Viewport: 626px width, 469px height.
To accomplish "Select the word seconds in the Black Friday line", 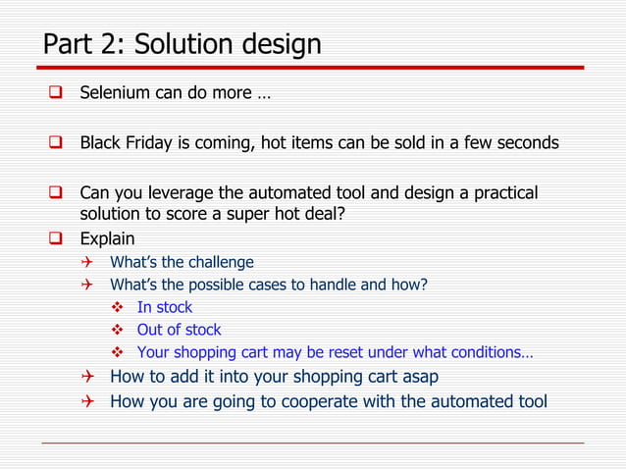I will tap(526, 142).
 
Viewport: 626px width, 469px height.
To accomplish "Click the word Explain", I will tap(107, 238).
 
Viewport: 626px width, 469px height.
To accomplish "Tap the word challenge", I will tap(217, 262).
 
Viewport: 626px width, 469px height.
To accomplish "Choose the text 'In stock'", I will tap(165, 307).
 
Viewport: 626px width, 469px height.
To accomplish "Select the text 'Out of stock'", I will tap(179, 330).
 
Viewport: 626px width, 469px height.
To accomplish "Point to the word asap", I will tap(419, 376).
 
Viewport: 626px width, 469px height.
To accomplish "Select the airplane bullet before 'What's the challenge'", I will tap(87, 262).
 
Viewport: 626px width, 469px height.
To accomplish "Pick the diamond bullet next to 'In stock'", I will tap(116, 307).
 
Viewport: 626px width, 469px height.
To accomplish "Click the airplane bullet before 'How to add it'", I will tap(87, 376).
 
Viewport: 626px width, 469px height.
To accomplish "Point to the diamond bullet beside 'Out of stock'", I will tap(116, 330).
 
